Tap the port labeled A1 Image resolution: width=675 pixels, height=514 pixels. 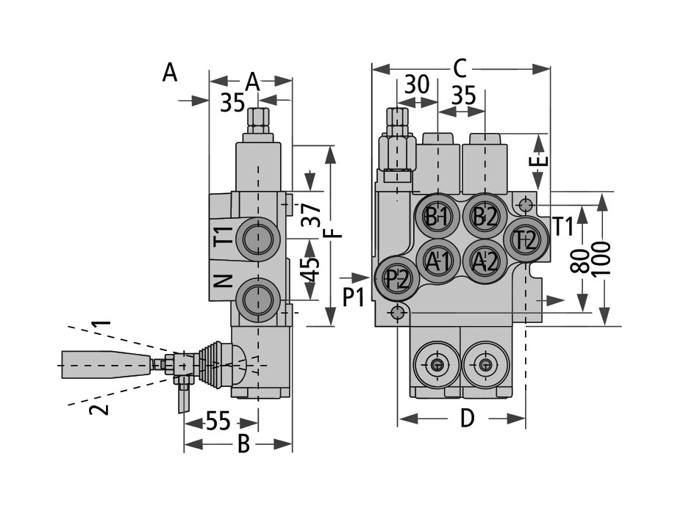tap(438, 261)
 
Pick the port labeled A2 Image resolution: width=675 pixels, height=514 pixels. tap(485, 261)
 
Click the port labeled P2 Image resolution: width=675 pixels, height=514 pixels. tap(396, 278)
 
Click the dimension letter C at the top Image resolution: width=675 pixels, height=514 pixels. tap(460, 68)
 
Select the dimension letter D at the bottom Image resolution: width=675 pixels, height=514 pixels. tap(467, 418)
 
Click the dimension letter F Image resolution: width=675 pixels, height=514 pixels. tap(333, 233)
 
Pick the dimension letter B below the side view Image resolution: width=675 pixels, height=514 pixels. tap(243, 444)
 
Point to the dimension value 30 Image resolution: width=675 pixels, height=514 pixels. tap(417, 84)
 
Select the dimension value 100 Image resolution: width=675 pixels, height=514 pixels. tap(601, 259)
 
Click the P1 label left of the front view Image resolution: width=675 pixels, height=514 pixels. tap(354, 297)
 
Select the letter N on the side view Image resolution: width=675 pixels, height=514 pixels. tap(223, 281)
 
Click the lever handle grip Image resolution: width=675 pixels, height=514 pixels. tap(107, 365)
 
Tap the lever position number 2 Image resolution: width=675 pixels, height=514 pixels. tap(99, 409)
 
